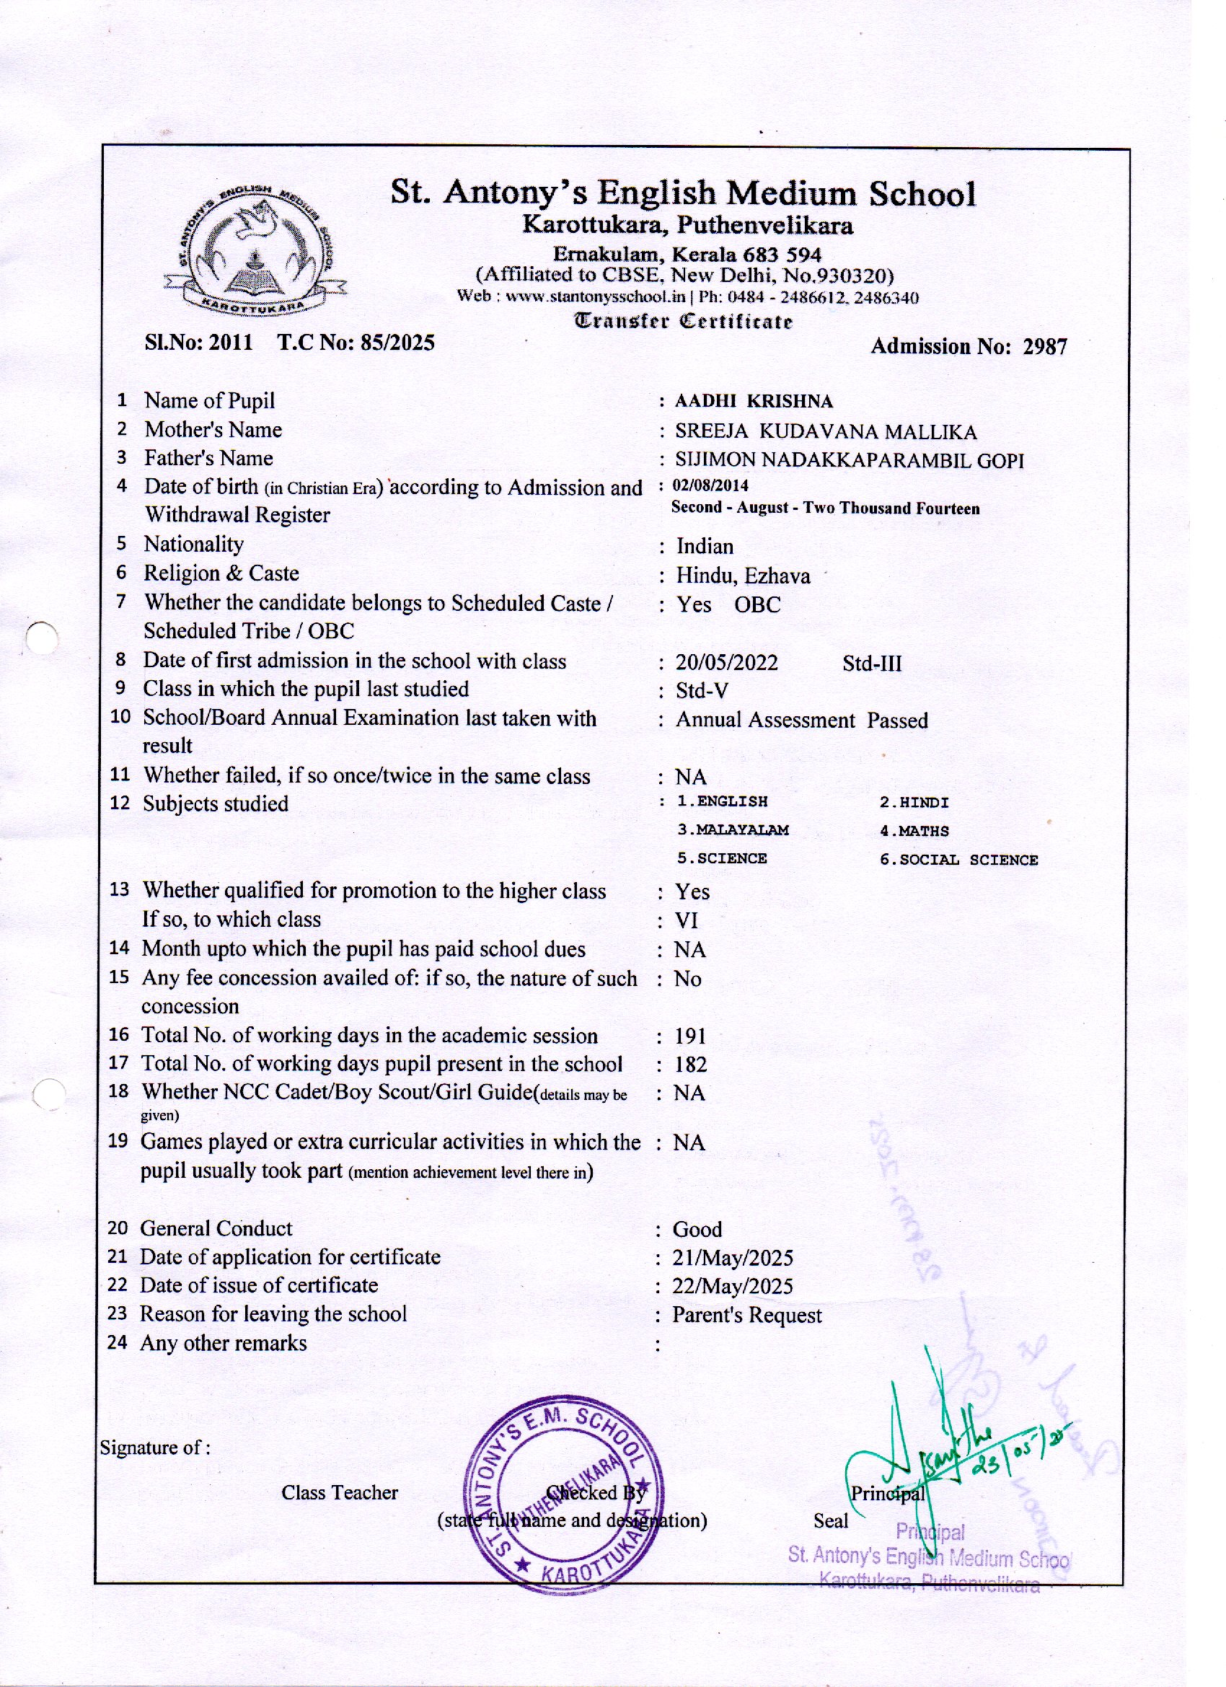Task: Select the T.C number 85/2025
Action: [x=397, y=343]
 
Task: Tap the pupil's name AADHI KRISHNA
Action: [x=753, y=402]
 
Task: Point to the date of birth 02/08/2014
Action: [x=710, y=485]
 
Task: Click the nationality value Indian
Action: [x=704, y=547]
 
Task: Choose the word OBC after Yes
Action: [x=757, y=604]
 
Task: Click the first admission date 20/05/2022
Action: [x=726, y=663]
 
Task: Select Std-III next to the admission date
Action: [x=871, y=664]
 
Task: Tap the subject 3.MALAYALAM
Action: [x=732, y=830]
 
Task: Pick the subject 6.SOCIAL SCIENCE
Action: [x=958, y=860]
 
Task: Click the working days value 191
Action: [x=689, y=1036]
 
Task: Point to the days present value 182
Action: [x=689, y=1065]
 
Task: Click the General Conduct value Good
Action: [x=697, y=1230]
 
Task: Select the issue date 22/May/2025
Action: [x=732, y=1287]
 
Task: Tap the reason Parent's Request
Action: [x=746, y=1316]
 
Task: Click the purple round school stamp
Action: [x=563, y=1498]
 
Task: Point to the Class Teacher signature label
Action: [x=339, y=1493]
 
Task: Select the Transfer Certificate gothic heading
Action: [x=682, y=322]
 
